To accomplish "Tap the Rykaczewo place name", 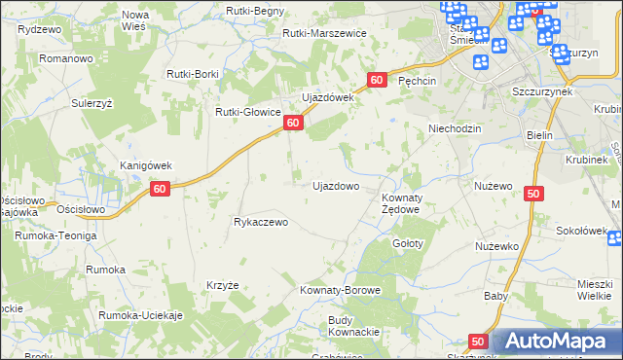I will (x=262, y=222).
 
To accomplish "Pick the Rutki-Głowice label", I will (x=248, y=111).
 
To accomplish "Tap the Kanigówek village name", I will (x=145, y=164).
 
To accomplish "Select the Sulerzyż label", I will (x=91, y=101).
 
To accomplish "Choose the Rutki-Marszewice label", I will (x=324, y=33).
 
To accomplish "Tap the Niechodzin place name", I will (x=456, y=127).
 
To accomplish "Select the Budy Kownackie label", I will (x=353, y=326).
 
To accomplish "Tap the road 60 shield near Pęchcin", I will (x=377, y=79).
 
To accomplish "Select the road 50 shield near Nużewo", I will (x=532, y=195).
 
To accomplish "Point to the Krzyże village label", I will (x=223, y=285).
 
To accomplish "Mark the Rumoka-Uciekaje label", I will (x=141, y=316).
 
